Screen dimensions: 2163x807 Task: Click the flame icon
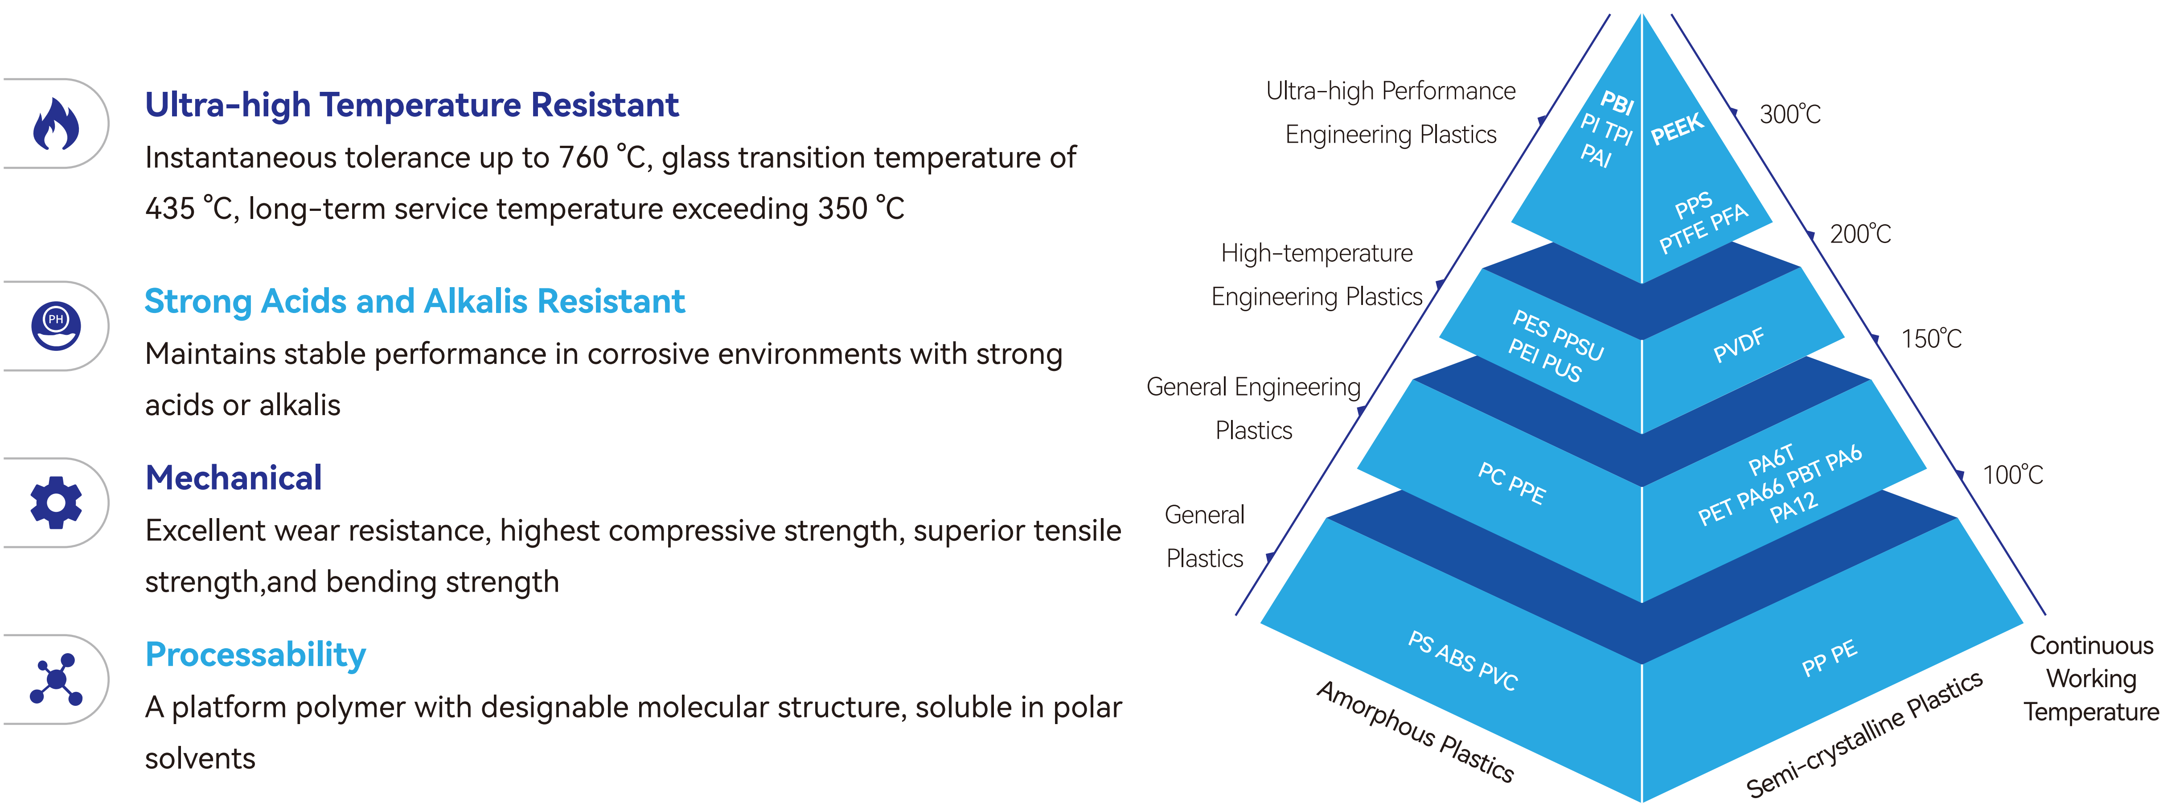pyautogui.click(x=56, y=124)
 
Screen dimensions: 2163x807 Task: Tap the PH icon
pyautogui.click(x=56, y=326)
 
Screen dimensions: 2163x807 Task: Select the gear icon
pyautogui.click(x=56, y=502)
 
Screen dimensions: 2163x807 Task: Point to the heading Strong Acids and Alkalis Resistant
pyautogui.click(x=415, y=301)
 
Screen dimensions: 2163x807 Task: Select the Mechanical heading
pyautogui.click(x=234, y=478)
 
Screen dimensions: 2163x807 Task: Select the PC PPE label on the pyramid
pyautogui.click(x=1511, y=484)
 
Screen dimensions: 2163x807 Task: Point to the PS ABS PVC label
pyautogui.click(x=1463, y=661)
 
